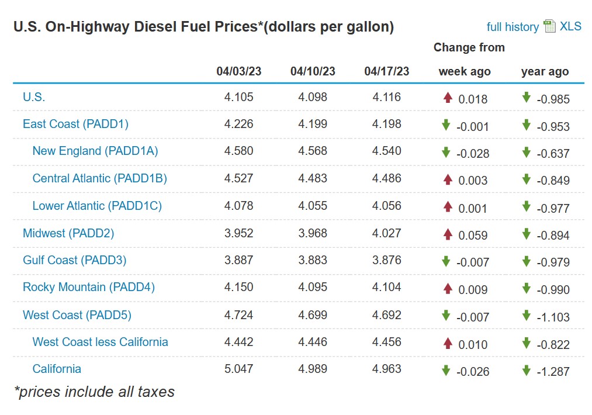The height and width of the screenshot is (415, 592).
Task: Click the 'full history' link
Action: point(513,27)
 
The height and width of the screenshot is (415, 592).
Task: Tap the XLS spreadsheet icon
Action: point(549,26)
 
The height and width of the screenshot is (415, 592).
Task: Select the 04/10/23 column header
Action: point(313,71)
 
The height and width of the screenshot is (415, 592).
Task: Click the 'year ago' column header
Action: point(545,71)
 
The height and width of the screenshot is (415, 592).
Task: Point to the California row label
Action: point(57,369)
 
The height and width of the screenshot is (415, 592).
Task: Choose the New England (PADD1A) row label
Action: point(95,151)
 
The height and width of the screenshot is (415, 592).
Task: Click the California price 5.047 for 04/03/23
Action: point(238,369)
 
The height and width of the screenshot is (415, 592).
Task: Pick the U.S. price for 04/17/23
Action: point(386,97)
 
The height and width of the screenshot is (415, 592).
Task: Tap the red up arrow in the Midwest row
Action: point(448,234)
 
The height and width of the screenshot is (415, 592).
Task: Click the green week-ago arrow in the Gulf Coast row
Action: point(446,261)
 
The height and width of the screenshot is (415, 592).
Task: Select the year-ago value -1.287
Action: point(553,371)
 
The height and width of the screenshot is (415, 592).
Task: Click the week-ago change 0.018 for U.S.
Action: point(473,99)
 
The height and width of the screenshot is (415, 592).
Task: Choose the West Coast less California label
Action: point(100,342)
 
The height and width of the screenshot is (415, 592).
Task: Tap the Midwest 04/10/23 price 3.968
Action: point(313,233)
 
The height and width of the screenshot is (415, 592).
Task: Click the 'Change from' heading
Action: point(469,47)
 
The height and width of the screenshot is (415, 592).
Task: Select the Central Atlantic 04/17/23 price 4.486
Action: point(386,178)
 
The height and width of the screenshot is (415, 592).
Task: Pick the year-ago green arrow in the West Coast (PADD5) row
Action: point(526,315)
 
